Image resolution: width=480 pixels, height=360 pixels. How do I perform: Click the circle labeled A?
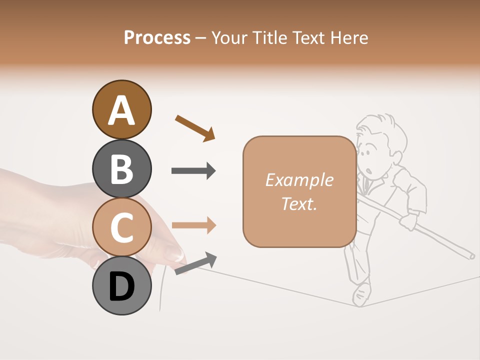pos(121,110)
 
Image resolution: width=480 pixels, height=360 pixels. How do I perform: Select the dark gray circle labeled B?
pos(121,168)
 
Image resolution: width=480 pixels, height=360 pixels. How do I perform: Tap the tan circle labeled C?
pos(121,227)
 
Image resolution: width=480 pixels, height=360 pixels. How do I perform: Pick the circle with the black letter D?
pos(121,285)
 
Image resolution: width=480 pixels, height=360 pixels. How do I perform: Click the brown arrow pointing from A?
pos(195,128)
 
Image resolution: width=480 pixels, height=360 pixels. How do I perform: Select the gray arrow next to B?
pos(193,171)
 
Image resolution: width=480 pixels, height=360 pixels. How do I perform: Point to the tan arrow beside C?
pos(193,225)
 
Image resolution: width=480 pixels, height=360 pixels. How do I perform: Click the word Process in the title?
pos(157,37)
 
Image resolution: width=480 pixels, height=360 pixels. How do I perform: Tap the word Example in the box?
pos(299,180)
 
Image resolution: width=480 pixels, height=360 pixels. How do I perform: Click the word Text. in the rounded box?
pos(299,203)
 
